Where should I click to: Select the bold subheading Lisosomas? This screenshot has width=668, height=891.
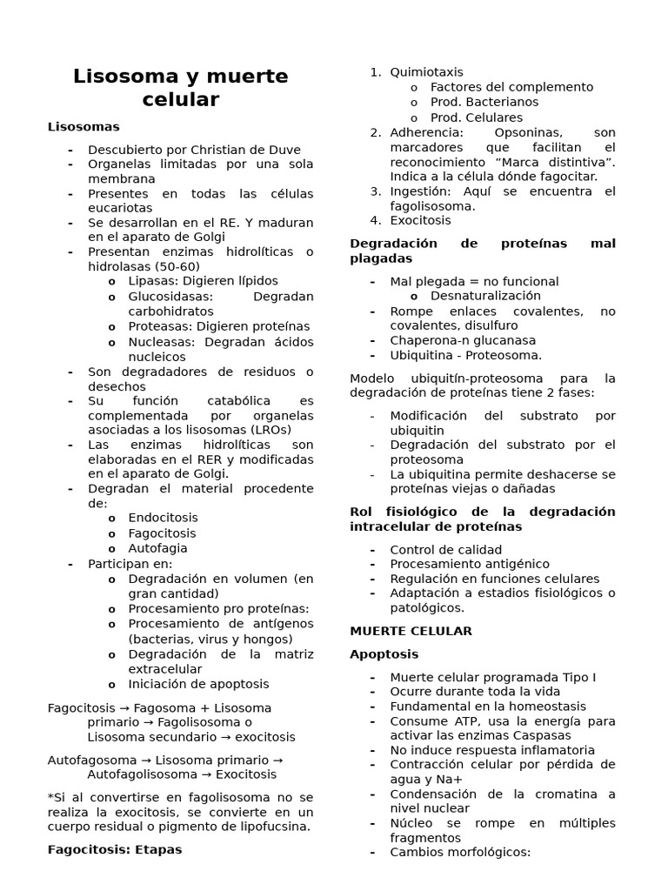[83, 127]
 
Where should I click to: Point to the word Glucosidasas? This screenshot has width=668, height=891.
[170, 296]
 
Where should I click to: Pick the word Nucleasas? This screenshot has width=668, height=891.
[163, 342]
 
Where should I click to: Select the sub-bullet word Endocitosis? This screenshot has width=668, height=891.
[163, 518]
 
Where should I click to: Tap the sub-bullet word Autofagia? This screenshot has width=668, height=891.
[157, 548]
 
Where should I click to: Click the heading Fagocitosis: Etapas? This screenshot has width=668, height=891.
[115, 849]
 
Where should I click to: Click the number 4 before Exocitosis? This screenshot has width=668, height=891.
[375, 221]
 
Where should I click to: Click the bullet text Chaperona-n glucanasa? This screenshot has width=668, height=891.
[463, 340]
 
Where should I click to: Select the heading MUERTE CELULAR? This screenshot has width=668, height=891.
[411, 631]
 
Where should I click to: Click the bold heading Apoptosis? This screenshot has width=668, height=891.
[384, 653]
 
